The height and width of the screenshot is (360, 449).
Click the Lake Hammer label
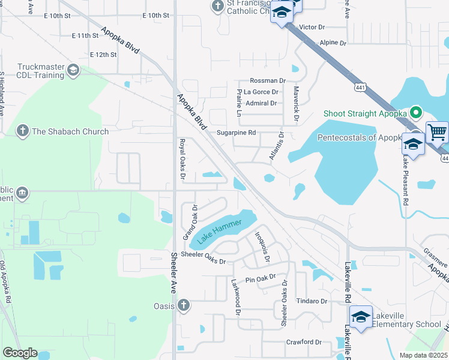[220, 230]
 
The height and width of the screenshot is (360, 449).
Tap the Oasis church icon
[184, 305]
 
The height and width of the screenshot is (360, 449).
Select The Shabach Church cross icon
[22, 131]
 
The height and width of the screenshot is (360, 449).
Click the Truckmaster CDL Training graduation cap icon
[73, 70]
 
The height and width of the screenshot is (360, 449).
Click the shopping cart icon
[438, 131]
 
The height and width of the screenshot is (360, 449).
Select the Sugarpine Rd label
[236, 133]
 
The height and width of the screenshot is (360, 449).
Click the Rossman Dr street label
[267, 81]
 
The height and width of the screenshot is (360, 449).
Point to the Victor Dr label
[311, 28]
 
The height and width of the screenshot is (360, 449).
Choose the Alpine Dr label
[333, 43]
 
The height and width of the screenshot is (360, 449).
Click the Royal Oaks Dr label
[182, 159]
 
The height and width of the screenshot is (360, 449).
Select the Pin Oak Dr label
[260, 278]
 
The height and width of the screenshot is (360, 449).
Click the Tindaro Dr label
[312, 301]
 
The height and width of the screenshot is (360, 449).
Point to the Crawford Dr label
[304, 342]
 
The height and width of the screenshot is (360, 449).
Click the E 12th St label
[103, 55]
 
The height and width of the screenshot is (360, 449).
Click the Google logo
[20, 353]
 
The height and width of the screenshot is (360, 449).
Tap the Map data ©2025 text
[422, 355]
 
